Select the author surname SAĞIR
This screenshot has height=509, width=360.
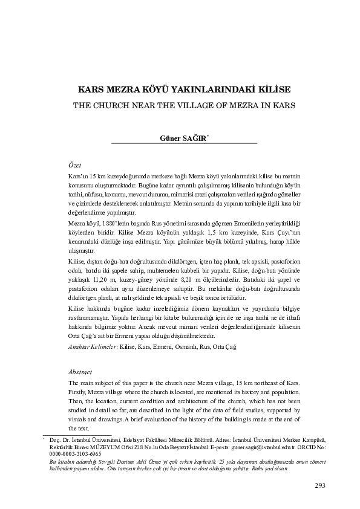[195, 137]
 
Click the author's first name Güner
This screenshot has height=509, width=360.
[170, 137]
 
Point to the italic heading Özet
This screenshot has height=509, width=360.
[74, 164]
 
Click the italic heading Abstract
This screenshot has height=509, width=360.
[80, 372]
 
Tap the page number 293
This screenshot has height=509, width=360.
[321, 485]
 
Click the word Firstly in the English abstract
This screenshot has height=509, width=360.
[79, 392]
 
